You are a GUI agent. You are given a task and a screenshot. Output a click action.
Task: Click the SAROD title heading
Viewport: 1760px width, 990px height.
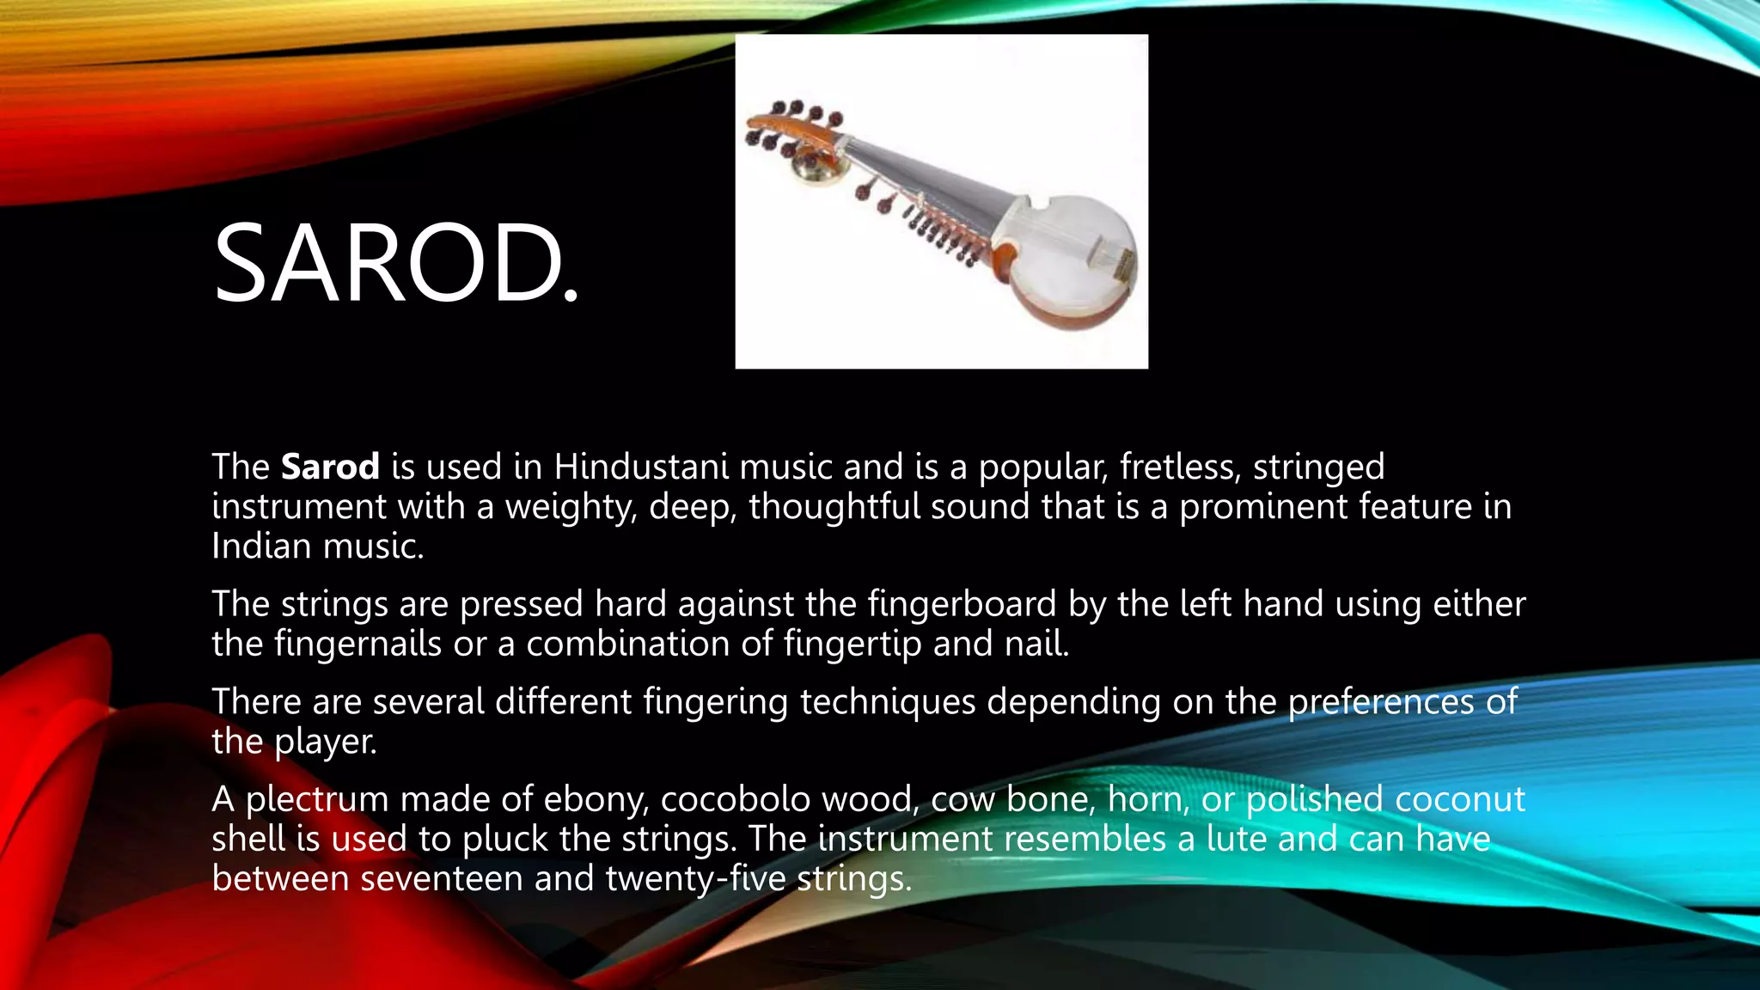point(395,263)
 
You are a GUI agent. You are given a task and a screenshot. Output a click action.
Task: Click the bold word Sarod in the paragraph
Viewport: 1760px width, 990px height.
point(330,467)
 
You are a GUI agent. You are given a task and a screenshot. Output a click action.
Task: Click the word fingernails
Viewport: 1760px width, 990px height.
point(357,644)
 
